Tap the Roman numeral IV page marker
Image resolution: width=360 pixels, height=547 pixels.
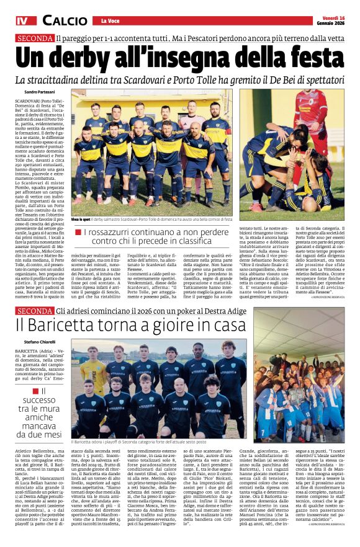pyautogui.click(x=22, y=20)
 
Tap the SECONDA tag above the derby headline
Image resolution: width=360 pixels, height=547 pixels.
pyautogui.click(x=35, y=38)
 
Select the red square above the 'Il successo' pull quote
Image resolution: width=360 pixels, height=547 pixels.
pyautogui.click(x=43, y=391)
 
